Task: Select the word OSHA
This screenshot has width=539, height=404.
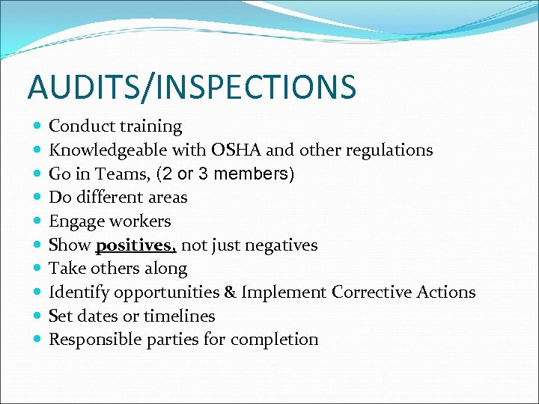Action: pyautogui.click(x=237, y=150)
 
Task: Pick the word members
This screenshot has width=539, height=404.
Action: pyautogui.click(x=255, y=174)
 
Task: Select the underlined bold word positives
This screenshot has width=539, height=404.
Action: pyautogui.click(x=136, y=245)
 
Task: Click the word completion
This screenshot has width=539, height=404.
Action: pyautogui.click(x=274, y=340)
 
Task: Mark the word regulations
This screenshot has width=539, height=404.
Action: pyautogui.click(x=389, y=150)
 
